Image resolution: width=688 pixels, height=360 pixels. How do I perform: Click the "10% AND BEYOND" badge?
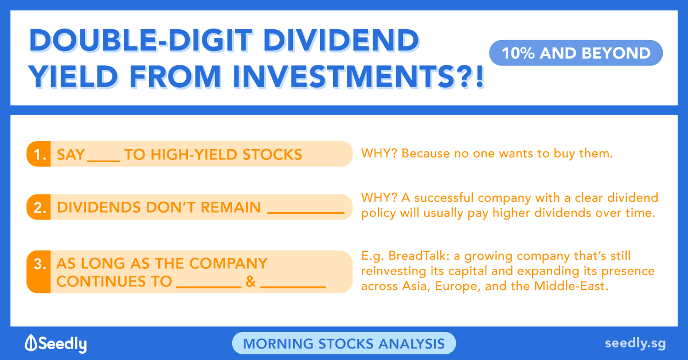[x=576, y=53]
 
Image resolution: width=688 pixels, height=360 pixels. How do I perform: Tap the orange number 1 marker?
[x=39, y=154]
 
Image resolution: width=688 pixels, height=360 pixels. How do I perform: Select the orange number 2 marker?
[x=39, y=207]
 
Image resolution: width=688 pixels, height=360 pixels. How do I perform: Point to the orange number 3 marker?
[x=39, y=272]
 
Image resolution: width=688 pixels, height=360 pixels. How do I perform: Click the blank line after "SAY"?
[x=104, y=161]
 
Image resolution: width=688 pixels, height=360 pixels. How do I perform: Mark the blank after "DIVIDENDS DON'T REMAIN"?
[x=306, y=212]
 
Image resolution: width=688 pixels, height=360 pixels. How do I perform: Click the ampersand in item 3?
[x=251, y=281]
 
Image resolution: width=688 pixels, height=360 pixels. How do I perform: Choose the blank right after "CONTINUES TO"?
[x=209, y=287]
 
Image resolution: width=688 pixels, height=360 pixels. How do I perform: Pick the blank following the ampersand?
[x=293, y=287]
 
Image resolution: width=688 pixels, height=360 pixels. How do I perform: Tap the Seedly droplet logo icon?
[x=31, y=342]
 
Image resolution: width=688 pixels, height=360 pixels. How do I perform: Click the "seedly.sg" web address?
[x=635, y=344]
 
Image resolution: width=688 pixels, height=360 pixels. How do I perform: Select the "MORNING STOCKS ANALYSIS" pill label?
[x=344, y=343]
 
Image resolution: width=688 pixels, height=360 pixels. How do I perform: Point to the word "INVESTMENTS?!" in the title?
[x=358, y=76]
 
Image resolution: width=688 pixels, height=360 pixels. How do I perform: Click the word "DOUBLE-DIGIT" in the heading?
[x=140, y=40]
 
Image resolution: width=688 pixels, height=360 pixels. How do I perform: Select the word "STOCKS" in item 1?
[x=272, y=155]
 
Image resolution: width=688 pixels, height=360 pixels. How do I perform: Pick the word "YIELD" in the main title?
[x=73, y=76]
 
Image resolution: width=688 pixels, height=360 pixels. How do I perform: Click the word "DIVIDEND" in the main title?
[x=341, y=40]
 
